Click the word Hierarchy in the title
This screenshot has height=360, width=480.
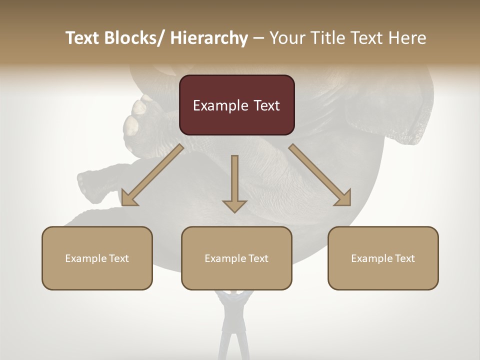coord(209,38)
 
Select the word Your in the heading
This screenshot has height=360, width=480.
coord(286,38)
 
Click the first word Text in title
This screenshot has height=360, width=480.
coord(83,38)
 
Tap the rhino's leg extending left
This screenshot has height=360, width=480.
coord(95,187)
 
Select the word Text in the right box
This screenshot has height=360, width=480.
coord(404,258)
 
